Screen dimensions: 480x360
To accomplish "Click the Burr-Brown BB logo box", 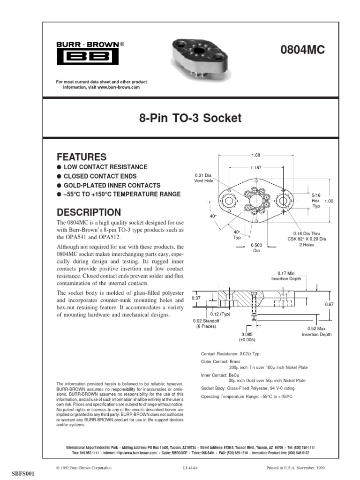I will point(88,57).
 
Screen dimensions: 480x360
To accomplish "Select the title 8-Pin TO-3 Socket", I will point(190,118).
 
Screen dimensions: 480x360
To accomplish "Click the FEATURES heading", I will point(82,157).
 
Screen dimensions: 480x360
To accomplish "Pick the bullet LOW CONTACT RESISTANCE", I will point(105,167).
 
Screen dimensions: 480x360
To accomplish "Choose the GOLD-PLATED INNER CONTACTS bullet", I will point(112,185).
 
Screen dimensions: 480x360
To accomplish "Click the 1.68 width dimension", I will point(255,156).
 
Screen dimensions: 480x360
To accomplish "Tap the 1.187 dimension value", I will point(255,168).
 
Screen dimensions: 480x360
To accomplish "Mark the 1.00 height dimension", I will point(329,201).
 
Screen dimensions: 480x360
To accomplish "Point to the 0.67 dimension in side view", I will point(329,305).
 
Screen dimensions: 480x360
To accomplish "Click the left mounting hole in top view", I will point(229,201).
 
